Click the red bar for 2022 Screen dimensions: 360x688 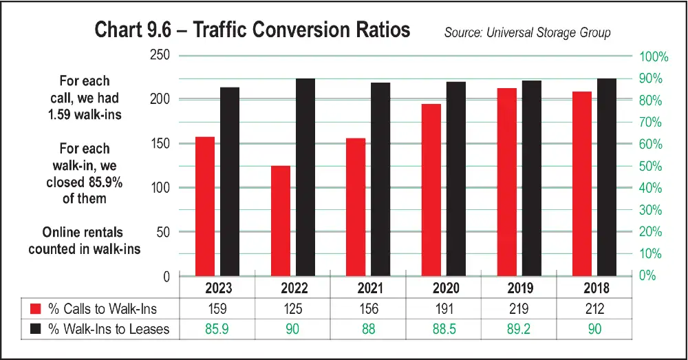click(280, 220)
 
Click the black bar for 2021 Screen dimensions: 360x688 click(380, 179)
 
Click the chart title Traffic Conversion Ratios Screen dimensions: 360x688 click(252, 31)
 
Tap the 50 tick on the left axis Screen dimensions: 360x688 click(162, 232)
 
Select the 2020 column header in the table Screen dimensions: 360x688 click(444, 288)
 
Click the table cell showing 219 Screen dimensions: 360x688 click(519, 309)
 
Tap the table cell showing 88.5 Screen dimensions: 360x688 click(444, 330)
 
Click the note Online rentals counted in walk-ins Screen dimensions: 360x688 click(84, 240)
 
